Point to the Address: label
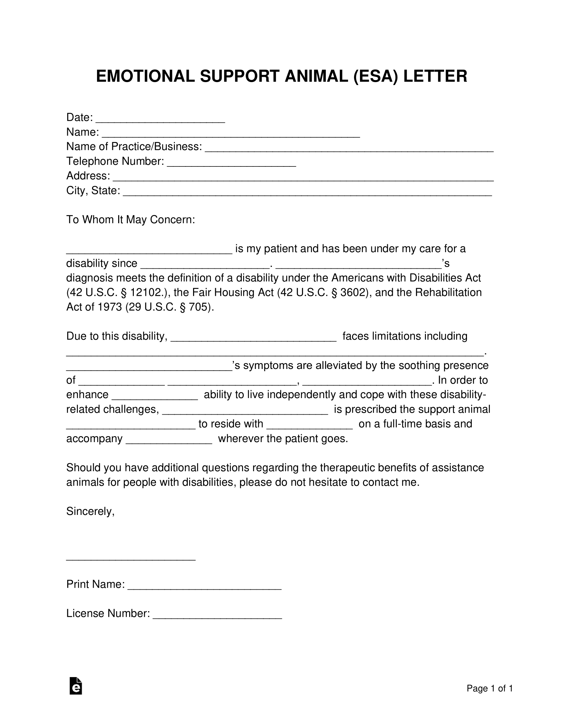(88, 176)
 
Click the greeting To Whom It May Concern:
(130, 220)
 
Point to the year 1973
(110, 307)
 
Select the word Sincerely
(90, 511)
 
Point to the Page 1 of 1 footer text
(489, 689)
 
